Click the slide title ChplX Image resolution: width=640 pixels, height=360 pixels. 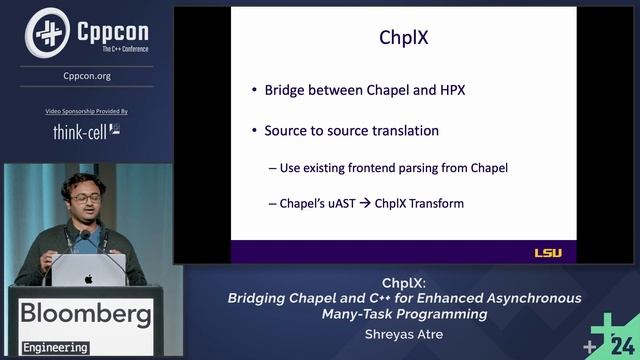(x=403, y=39)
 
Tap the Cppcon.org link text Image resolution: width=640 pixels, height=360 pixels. (x=87, y=75)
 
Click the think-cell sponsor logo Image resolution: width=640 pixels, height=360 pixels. (x=85, y=131)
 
